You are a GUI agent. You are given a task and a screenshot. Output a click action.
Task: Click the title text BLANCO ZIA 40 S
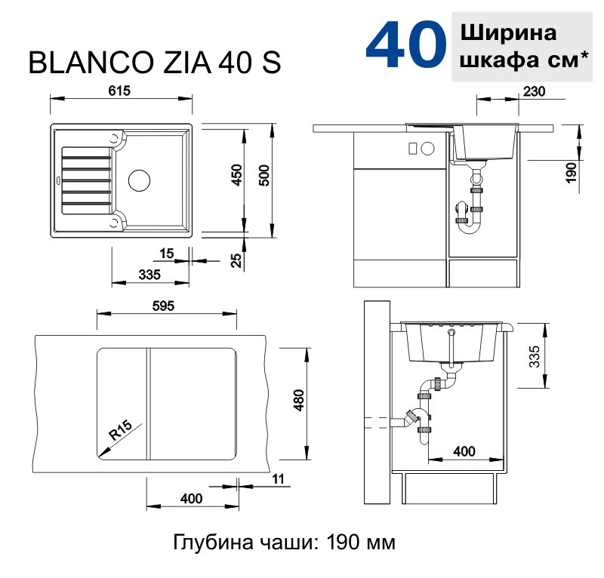(x=155, y=64)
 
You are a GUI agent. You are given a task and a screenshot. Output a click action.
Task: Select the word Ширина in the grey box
(x=507, y=33)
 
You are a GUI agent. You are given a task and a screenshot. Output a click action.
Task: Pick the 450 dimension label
(x=236, y=175)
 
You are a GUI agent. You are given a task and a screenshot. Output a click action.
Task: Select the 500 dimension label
(x=263, y=175)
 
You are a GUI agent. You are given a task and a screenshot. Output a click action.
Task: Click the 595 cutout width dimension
(x=163, y=306)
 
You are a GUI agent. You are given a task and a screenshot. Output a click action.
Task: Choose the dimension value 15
(x=167, y=252)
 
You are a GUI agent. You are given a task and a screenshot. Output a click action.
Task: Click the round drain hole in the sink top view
(x=140, y=180)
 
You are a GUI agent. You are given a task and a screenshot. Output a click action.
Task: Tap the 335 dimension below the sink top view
(x=150, y=275)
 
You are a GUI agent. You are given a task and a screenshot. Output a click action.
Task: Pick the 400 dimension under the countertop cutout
(x=192, y=499)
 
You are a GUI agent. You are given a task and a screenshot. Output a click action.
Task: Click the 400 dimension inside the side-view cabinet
(x=464, y=451)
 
